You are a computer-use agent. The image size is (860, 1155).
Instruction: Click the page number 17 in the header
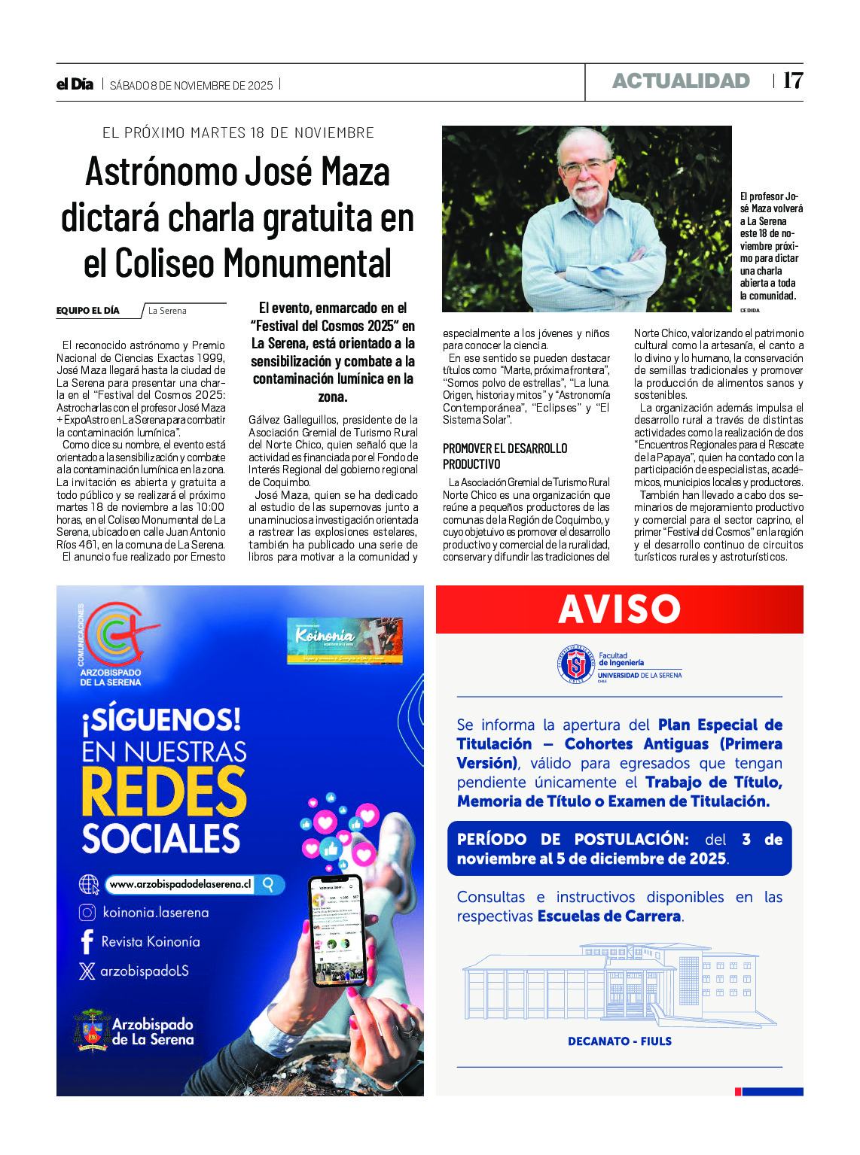click(793, 81)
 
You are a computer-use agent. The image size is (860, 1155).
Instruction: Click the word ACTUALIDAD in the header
click(681, 81)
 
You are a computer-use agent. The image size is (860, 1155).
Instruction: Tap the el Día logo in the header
click(75, 84)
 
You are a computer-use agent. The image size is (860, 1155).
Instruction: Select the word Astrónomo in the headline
click(159, 172)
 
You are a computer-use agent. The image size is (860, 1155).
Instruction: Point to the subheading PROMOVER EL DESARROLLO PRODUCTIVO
click(505, 456)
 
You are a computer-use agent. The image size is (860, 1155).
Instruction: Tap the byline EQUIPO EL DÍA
click(87, 311)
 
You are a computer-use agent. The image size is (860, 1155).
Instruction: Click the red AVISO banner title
click(619, 609)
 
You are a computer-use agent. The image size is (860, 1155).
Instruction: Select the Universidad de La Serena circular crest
click(577, 664)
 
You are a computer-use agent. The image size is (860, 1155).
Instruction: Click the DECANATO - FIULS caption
click(619, 1041)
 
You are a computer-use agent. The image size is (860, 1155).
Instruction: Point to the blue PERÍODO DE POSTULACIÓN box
click(619, 849)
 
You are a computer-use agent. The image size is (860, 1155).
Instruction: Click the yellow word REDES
click(163, 792)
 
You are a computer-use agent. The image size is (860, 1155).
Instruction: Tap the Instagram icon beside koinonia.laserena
click(87, 913)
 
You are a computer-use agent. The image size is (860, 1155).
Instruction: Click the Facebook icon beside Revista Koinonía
click(87, 941)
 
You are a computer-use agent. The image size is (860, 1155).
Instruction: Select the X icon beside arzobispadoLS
click(87, 971)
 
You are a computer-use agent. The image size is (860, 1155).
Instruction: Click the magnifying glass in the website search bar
click(268, 884)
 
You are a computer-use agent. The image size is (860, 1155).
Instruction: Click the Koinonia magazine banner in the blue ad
click(345, 640)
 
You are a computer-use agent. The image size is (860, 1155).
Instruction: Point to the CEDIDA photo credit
click(749, 310)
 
